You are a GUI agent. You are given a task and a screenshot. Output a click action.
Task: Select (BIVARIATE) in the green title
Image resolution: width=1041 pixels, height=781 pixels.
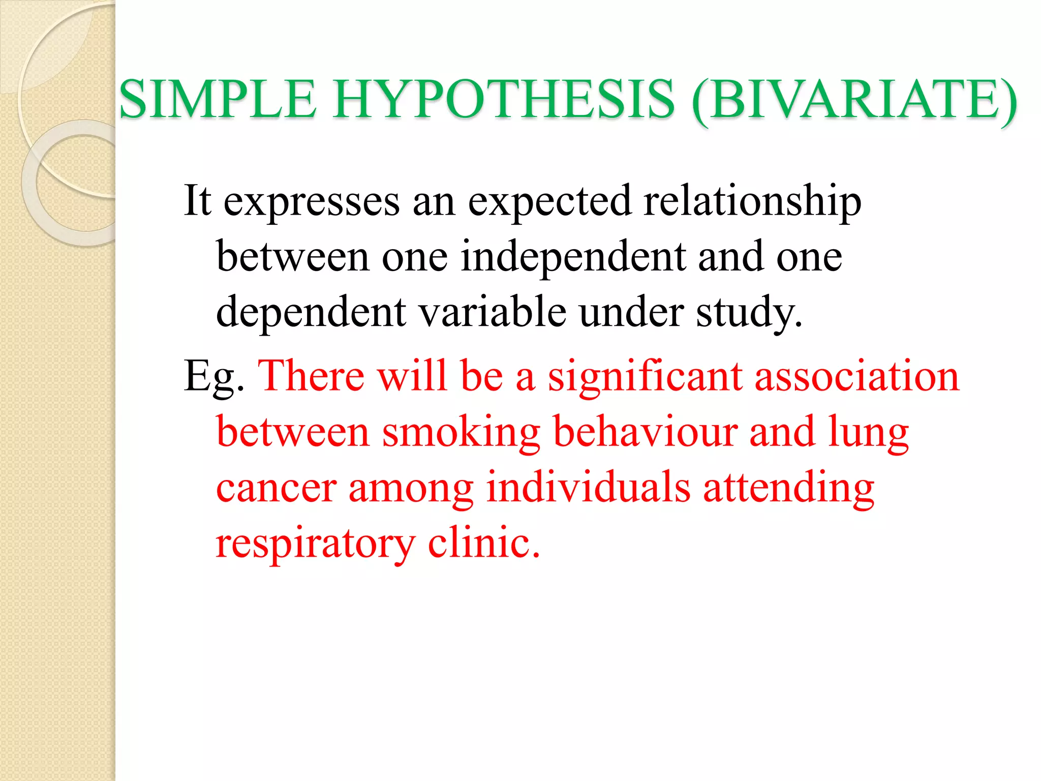point(854,100)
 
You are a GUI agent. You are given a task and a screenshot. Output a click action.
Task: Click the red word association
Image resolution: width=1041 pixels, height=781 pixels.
point(857,376)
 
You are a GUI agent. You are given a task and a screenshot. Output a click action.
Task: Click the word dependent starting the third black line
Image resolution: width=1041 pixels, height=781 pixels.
point(311,312)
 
